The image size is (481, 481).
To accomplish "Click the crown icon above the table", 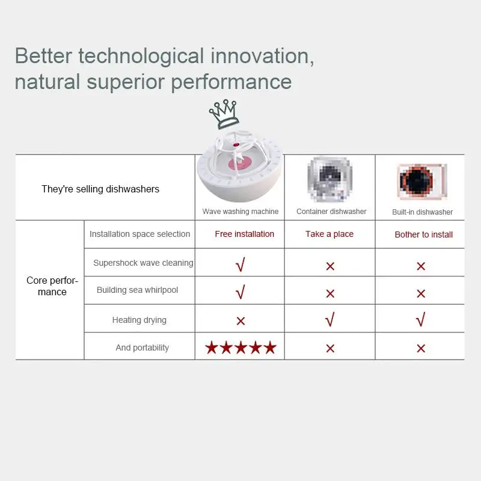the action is (x=224, y=114).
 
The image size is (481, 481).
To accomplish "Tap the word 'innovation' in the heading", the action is (x=262, y=56).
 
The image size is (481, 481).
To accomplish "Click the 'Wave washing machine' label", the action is (x=240, y=212).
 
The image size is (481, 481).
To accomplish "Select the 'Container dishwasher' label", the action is (x=331, y=212).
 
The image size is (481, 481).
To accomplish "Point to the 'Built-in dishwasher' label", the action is (x=423, y=212).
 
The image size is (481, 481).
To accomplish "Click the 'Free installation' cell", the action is (x=245, y=234).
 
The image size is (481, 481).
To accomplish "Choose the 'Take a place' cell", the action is (x=329, y=234).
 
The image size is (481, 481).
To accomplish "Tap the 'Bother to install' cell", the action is (x=424, y=234).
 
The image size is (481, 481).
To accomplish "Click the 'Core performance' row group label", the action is (x=52, y=286).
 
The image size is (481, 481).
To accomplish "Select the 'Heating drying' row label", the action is (x=139, y=320).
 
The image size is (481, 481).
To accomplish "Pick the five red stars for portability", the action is (x=241, y=348).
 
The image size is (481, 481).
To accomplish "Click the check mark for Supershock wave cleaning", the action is (x=240, y=265).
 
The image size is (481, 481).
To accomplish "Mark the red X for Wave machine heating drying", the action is (x=241, y=321).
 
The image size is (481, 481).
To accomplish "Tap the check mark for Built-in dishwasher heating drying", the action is (x=420, y=319).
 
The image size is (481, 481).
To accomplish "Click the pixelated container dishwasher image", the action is (x=330, y=180).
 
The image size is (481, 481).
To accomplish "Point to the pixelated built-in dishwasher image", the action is (x=423, y=181).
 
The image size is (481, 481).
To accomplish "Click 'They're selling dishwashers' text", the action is (x=100, y=189).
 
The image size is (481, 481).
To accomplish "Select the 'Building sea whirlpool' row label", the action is (x=137, y=290).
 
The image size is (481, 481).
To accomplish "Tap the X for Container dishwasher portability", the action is (x=330, y=349).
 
